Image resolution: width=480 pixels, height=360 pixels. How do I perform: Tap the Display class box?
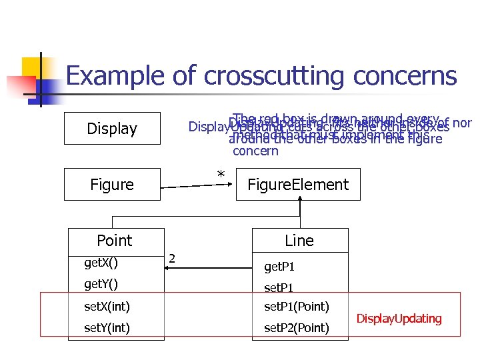click(112, 128)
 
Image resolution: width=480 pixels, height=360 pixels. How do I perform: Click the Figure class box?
click(112, 184)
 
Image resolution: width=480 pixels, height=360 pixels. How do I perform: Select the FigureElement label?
click(297, 185)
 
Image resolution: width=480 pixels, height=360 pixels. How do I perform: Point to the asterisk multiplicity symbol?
click(221, 175)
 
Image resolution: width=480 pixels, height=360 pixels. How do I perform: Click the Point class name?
click(114, 240)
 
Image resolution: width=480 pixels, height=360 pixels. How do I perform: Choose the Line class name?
click(299, 240)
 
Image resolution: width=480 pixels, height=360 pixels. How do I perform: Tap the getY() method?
click(101, 285)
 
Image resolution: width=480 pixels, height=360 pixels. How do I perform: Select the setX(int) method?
click(107, 307)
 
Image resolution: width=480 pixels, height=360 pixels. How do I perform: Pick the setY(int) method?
click(107, 328)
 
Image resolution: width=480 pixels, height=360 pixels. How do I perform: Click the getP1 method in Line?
click(279, 267)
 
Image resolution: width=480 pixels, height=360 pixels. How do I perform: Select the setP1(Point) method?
click(297, 307)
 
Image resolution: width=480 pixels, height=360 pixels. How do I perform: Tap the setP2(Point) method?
click(297, 328)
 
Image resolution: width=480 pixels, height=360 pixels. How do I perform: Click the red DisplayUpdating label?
click(399, 319)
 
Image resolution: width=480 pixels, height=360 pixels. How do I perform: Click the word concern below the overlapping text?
click(255, 151)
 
